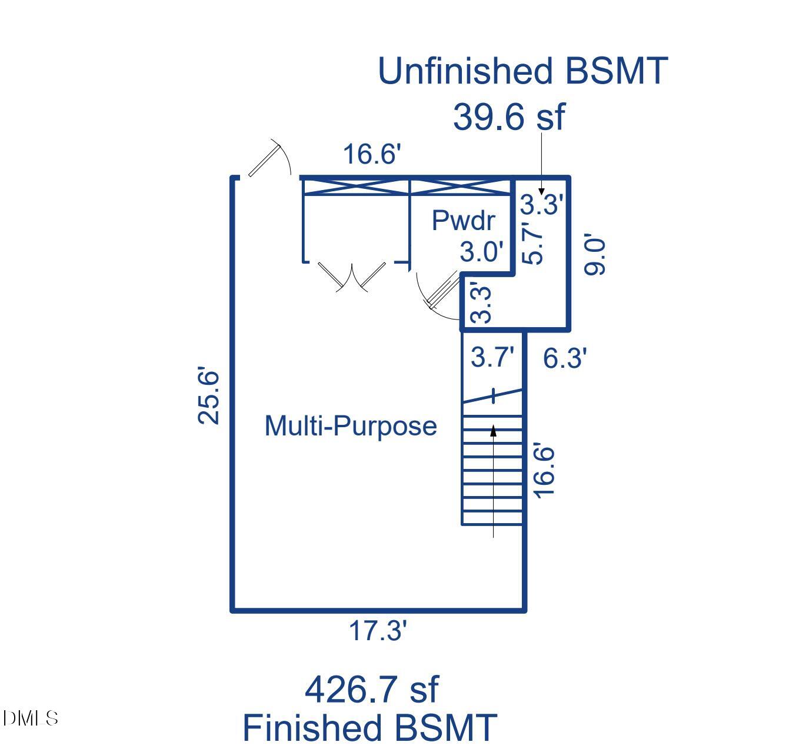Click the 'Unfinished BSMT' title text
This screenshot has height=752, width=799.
click(522, 71)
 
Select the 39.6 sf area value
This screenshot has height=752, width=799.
click(508, 117)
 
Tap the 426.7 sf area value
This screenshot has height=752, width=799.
click(371, 689)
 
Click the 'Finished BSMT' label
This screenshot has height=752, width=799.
click(370, 727)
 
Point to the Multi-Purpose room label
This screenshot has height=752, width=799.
click(351, 426)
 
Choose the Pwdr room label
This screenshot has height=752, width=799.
click(463, 221)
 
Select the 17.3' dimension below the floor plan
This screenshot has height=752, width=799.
click(378, 631)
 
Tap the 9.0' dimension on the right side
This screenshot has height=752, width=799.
click(595, 256)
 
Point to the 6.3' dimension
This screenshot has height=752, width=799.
click(564, 358)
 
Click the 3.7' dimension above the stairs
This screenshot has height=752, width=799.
click(492, 357)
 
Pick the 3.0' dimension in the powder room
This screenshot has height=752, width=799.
click(481, 252)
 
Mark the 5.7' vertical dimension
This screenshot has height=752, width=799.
click(533, 245)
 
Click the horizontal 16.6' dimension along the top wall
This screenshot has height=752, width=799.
click(372, 154)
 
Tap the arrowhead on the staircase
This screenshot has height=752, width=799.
click(493, 431)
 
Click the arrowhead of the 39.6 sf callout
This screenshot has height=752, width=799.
click(541, 191)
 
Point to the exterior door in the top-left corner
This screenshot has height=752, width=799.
click(268, 158)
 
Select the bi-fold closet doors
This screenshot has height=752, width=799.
click(352, 277)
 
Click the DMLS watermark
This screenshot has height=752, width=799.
click(31, 718)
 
